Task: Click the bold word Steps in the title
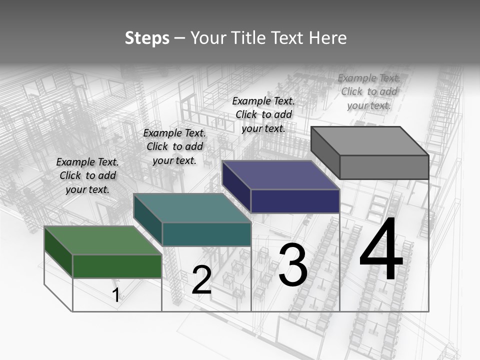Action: point(147,38)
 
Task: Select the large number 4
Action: point(381,250)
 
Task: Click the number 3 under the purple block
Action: point(292,265)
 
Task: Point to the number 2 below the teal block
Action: point(201,280)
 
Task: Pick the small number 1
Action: point(116,295)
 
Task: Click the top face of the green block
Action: point(102,240)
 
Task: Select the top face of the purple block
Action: point(280,175)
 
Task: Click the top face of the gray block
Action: point(369,141)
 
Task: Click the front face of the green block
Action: point(117,266)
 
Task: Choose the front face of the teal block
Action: point(206,234)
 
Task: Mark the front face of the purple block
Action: point(295,201)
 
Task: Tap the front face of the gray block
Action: point(384,167)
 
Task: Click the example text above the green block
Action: point(87,175)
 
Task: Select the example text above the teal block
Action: point(174,146)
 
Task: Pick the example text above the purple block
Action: point(263,114)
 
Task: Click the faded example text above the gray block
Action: point(369,91)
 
